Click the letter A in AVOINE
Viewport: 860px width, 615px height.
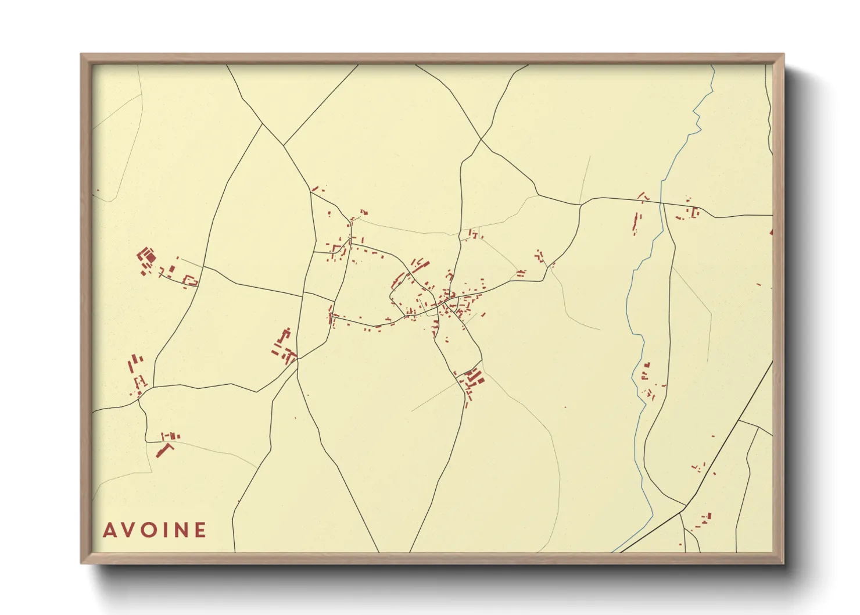click(x=109, y=530)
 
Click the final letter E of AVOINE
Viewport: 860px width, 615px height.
click(x=200, y=530)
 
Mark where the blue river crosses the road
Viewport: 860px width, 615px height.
click(x=661, y=203)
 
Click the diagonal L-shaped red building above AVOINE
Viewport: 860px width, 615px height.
click(x=164, y=450)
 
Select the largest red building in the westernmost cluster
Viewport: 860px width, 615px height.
click(x=149, y=256)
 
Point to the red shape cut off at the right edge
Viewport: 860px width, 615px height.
click(x=771, y=232)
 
